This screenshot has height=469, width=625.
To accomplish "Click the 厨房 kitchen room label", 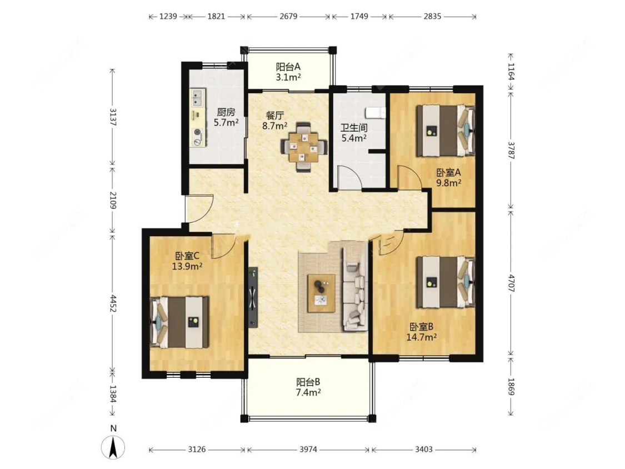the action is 226,117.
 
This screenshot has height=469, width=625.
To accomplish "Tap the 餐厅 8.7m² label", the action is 274,121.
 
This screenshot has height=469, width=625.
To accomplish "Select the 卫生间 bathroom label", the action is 354,133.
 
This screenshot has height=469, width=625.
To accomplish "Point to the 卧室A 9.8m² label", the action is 449,177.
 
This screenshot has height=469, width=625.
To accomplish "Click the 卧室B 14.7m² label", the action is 421,332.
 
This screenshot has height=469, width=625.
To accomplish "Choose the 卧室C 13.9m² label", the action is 187,261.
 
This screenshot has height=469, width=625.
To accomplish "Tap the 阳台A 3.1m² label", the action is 288,72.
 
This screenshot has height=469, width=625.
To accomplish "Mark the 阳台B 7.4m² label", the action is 308,387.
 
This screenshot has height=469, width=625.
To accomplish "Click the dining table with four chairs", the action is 304,147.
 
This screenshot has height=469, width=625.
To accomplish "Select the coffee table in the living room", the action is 321,293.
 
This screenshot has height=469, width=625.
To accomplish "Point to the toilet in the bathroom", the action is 376,113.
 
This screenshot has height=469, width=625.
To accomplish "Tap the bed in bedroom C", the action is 179,322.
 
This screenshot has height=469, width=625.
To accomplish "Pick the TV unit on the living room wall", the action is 253,297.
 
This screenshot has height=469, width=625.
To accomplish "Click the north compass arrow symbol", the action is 113,447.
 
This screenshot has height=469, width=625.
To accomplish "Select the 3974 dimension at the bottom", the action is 308,450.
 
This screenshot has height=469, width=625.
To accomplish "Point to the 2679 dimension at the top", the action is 288,16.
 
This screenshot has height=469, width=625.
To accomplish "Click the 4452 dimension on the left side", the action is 113,303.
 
